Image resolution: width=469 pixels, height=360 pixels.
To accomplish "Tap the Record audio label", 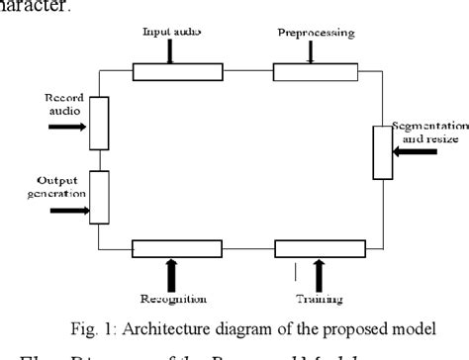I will tap(60, 104).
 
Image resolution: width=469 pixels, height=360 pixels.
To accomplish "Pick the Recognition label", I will tap(174, 297).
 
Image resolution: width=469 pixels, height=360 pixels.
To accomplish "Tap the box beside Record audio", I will tap(97, 123).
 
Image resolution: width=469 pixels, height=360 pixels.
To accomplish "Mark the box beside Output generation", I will tap(97, 197).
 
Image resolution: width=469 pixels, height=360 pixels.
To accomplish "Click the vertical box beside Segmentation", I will tap(382, 152).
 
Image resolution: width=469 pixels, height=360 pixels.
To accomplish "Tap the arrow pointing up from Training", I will tap(319, 272).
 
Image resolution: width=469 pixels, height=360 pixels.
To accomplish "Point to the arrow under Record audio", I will tap(66, 128).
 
